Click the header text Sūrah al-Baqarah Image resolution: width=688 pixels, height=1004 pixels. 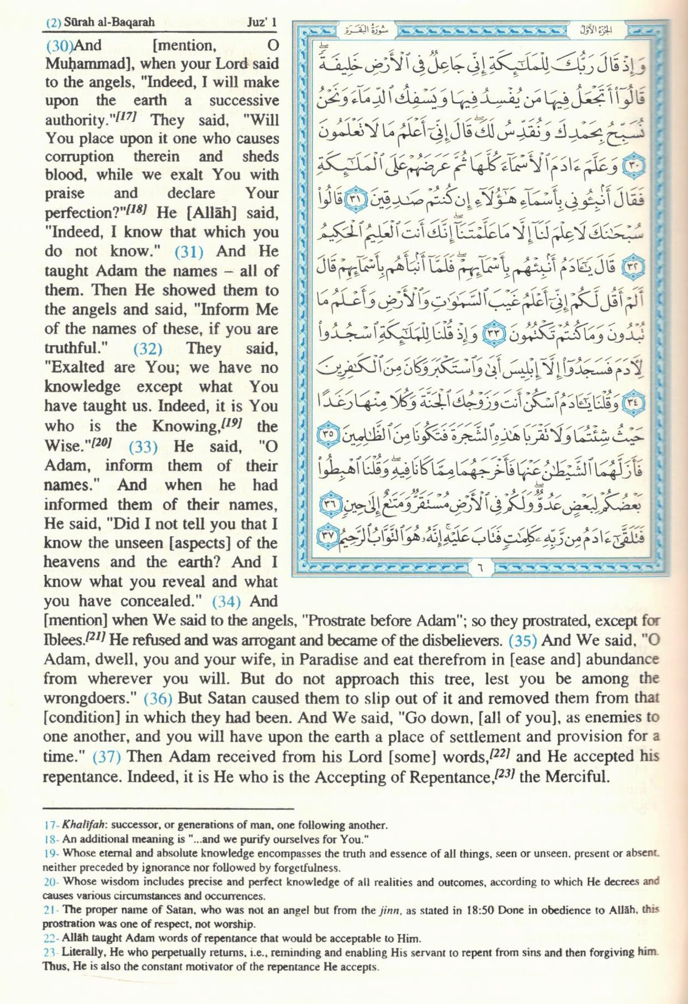coord(109,23)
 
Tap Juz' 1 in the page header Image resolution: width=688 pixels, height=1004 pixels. coord(261,23)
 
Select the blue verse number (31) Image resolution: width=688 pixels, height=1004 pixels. coord(189,251)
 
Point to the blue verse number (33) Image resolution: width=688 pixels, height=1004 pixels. coord(143,446)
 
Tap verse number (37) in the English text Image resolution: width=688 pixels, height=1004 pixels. coord(107,757)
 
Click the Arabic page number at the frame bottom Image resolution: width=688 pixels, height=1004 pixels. coord(479,566)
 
